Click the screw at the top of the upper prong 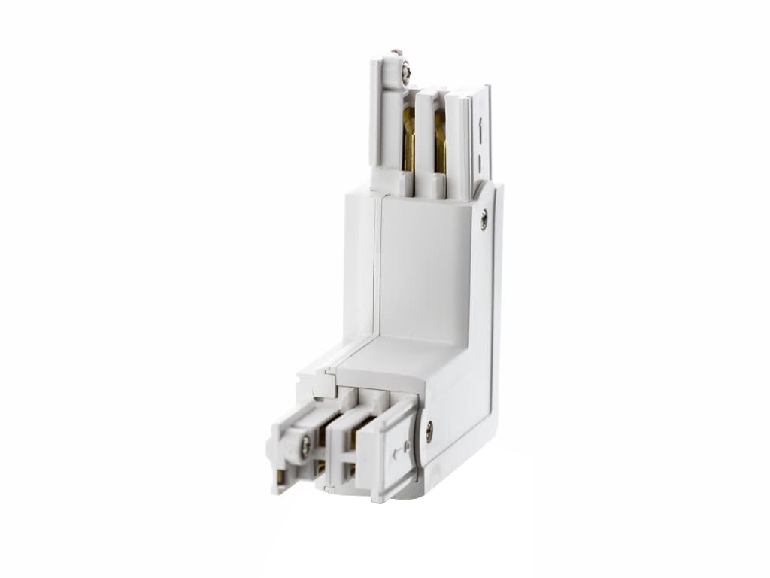click(405, 70)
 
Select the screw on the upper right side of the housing click(484, 220)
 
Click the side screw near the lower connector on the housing click(429, 431)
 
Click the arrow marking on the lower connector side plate click(396, 452)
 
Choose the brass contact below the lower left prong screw click(320, 470)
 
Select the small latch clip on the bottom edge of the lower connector click(324, 488)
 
